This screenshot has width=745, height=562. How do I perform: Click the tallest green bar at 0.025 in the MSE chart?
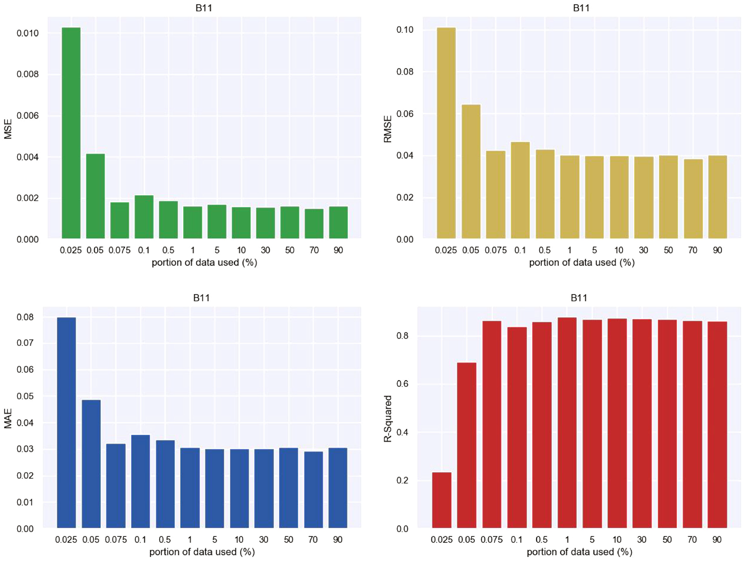tap(71, 133)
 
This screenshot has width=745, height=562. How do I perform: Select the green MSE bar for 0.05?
tap(96, 196)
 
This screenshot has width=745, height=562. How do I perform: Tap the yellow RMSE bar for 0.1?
tap(520, 190)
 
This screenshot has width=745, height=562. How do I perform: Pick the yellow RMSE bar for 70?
tap(693, 199)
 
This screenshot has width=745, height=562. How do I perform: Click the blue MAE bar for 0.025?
tap(66, 423)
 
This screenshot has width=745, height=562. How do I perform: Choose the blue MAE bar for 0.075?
tap(116, 486)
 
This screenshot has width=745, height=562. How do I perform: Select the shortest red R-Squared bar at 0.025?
tap(442, 500)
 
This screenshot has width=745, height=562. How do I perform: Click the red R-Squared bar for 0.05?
tap(467, 445)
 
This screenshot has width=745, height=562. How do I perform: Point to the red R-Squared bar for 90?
tap(717, 425)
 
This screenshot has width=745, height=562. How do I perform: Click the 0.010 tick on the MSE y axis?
tap(27, 33)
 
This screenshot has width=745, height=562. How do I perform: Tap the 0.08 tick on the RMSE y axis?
tap(405, 72)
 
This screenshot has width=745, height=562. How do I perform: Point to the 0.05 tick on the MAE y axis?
tap(25, 396)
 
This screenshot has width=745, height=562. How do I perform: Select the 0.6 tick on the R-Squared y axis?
tap(402, 384)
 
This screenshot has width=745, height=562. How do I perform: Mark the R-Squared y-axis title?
tap(388, 419)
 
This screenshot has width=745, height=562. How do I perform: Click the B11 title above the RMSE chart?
tap(581, 8)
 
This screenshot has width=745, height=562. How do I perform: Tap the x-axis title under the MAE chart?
tap(202, 552)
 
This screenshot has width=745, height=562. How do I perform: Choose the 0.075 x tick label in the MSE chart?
tap(119, 250)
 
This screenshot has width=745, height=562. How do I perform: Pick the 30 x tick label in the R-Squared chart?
tap(642, 540)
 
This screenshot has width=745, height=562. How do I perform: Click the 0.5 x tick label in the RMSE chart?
tap(544, 250)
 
